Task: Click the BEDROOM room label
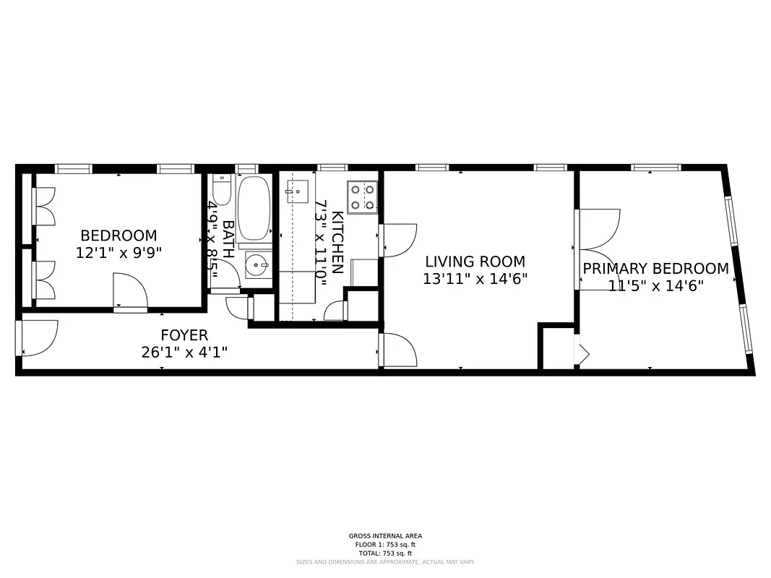pos(119,236)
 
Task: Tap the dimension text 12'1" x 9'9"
pos(119,253)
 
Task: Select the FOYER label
pos(184,335)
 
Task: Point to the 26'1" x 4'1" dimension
pos(185,353)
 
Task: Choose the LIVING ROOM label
pos(475,262)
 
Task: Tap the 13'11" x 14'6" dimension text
pos(475,279)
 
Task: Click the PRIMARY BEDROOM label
pos(655,269)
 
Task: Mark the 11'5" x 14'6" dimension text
pos(655,285)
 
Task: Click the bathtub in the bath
pos(253,208)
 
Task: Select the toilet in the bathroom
pos(221,189)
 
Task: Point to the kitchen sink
pos(297,191)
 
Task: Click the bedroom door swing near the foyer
pos(130,293)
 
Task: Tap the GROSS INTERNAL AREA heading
pos(385,536)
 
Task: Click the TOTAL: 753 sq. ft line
pos(385,552)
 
